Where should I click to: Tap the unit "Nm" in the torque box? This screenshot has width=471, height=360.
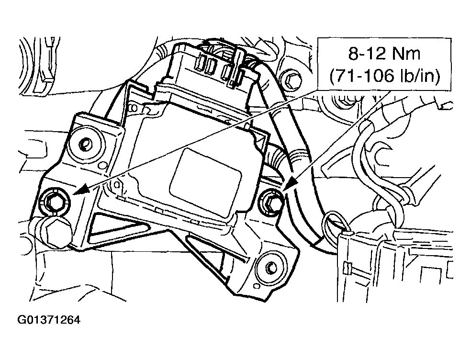(408, 54)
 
